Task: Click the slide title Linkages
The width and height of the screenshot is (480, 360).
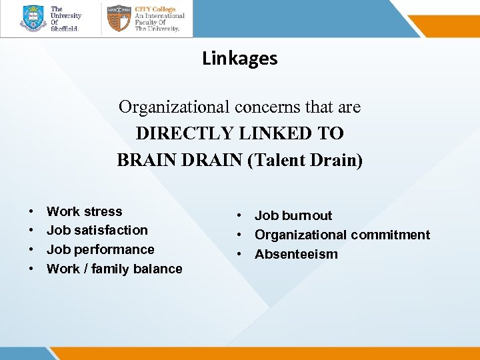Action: coord(239,59)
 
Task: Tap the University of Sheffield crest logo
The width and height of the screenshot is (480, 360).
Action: coord(33,18)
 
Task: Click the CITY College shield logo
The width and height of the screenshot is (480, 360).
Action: coord(119,18)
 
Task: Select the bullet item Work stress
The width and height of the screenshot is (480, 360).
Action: coord(84,211)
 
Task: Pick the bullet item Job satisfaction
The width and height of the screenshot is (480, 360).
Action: coord(97,230)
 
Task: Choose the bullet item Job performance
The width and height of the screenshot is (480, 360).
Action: coord(100,249)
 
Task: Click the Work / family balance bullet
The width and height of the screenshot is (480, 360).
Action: coord(114,269)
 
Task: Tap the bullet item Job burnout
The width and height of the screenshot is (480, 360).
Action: coord(293,215)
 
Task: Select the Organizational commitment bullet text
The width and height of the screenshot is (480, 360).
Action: coord(342,235)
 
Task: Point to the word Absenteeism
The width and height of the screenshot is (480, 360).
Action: coord(296,254)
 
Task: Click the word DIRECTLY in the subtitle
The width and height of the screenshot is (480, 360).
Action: coord(179,133)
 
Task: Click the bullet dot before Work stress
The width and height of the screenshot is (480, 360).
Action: coord(32,212)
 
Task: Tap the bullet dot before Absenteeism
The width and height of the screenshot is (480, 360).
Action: coord(237,255)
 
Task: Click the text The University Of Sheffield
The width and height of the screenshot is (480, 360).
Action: coord(66,18)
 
